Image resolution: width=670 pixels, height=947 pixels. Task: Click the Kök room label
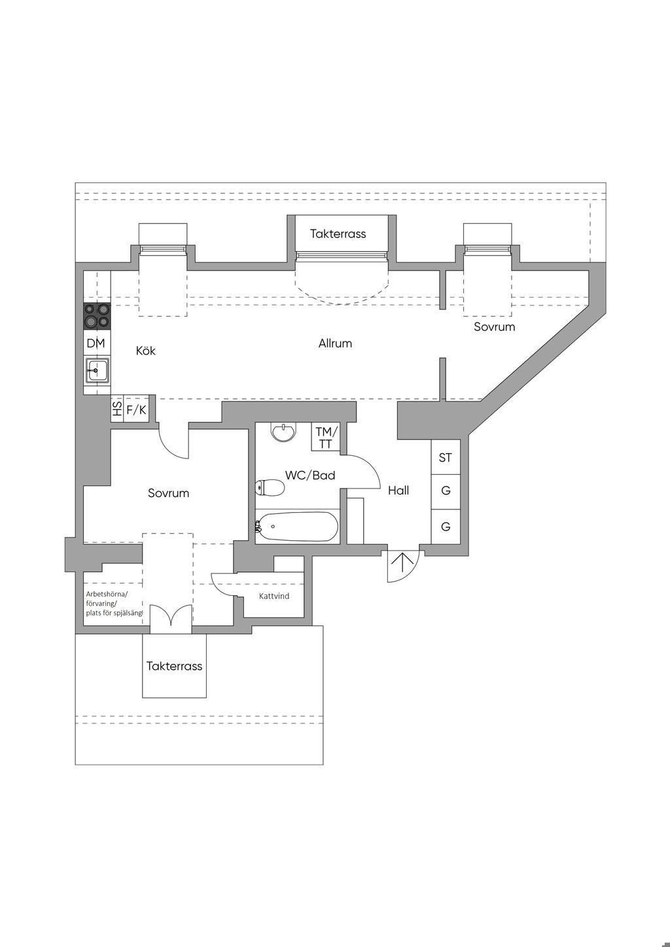(145, 351)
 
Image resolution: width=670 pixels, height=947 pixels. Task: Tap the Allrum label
(335, 343)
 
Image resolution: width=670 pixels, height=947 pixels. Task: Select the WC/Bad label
(310, 475)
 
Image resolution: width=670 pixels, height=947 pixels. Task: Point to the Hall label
(398, 491)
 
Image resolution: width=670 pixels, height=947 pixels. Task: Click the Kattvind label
(274, 596)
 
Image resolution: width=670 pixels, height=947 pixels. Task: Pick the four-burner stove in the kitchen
(97, 317)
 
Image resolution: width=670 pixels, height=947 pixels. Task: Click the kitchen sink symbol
(97, 370)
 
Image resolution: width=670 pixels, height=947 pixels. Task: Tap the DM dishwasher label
(96, 343)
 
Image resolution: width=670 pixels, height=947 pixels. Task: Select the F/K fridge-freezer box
(136, 409)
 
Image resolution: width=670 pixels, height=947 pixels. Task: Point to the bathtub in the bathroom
(297, 526)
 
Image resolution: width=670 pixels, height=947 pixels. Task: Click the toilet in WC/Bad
(270, 489)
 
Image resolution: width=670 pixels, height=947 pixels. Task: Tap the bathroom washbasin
(284, 432)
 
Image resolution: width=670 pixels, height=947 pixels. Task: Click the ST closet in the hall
(446, 457)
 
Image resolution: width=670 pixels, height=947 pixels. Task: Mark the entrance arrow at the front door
(402, 562)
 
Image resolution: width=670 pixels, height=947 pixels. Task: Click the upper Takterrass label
(338, 233)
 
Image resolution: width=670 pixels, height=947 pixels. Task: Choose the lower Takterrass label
(174, 666)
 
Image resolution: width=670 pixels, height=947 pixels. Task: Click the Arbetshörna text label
(107, 594)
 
